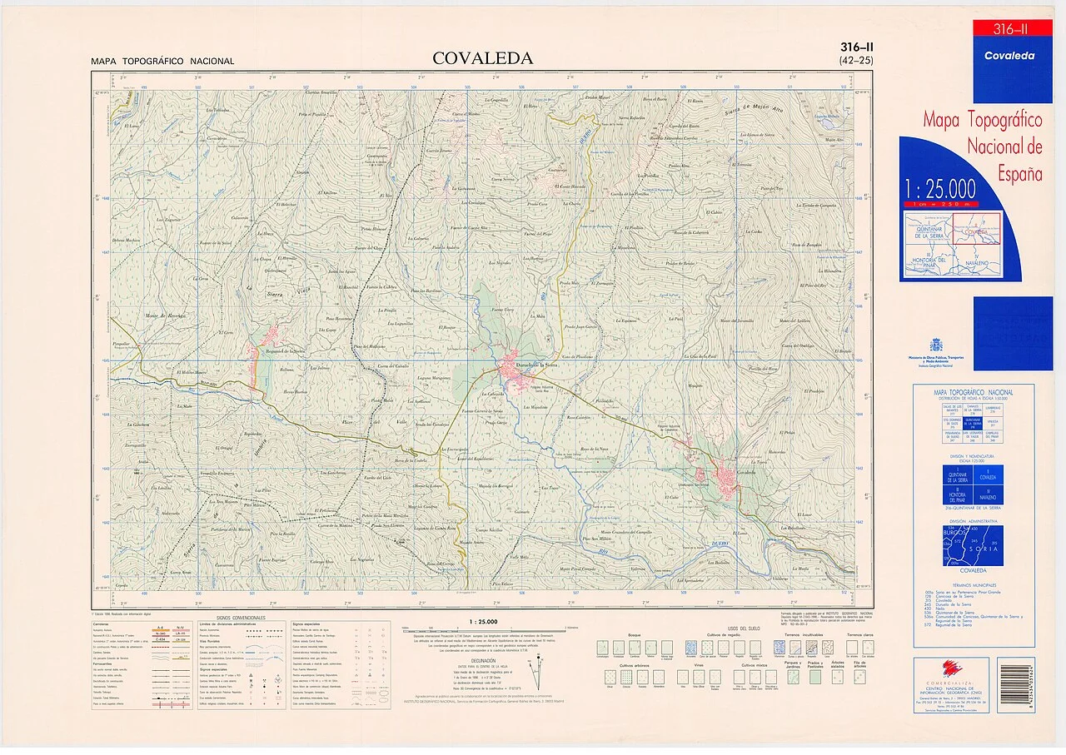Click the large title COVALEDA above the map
click(482, 58)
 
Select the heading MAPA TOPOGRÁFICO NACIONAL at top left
click(162, 62)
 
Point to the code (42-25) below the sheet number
click(856, 60)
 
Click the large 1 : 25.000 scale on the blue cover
click(940, 187)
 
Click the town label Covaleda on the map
click(745, 472)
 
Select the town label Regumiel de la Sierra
click(281, 353)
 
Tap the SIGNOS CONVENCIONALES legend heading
click(241, 618)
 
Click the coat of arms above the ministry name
click(937, 345)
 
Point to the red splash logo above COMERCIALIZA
click(949, 667)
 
